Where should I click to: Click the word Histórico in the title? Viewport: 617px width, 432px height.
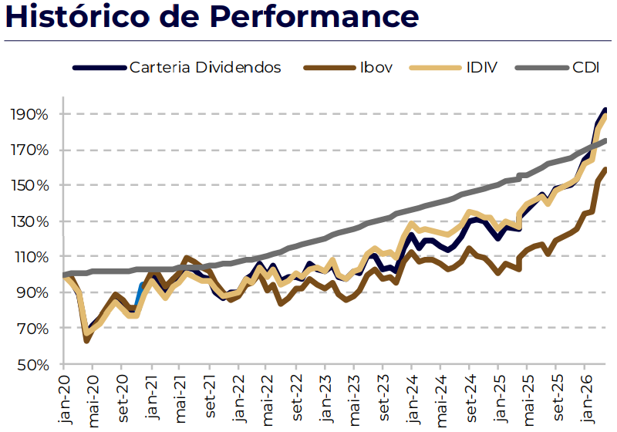[78, 17]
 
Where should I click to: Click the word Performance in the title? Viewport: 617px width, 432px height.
[314, 17]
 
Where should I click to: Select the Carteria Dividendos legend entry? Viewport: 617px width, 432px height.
[177, 68]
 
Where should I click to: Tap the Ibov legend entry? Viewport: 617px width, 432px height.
[349, 68]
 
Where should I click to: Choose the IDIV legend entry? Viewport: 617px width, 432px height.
[453, 68]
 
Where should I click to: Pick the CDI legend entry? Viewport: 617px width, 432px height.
[557, 68]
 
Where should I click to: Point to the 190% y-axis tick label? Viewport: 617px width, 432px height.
[29, 114]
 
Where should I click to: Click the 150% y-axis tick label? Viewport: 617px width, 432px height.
[29, 185]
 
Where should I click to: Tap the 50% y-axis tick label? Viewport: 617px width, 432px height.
[32, 365]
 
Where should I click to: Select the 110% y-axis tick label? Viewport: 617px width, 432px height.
[29, 258]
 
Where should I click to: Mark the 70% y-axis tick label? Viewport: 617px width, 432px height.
[32, 329]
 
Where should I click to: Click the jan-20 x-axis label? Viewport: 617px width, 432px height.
[64, 399]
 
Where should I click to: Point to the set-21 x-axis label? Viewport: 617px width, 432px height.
[210, 397]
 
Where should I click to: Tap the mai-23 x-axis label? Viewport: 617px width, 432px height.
[354, 400]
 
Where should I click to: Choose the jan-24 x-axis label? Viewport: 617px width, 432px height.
[412, 399]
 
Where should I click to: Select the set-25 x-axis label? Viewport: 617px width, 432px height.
[556, 397]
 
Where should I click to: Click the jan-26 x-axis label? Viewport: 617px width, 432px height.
[585, 399]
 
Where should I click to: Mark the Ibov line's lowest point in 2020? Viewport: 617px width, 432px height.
[86, 341]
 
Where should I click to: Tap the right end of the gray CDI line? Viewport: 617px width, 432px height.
[605, 140]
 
